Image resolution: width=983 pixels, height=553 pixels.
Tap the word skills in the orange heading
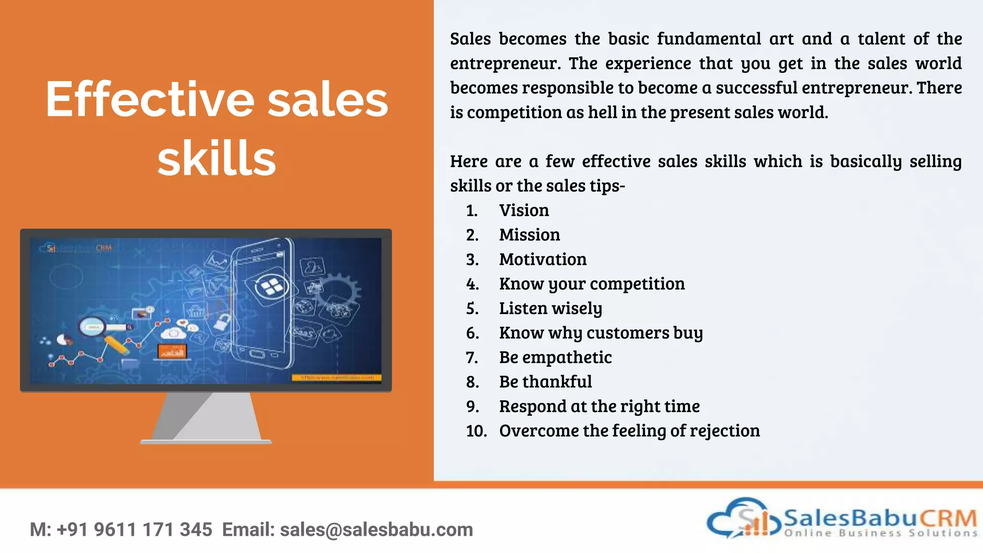(x=216, y=159)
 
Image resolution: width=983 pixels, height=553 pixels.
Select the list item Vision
(x=524, y=210)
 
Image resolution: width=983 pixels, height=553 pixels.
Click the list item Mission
(x=529, y=235)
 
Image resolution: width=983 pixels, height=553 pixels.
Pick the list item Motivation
(x=542, y=259)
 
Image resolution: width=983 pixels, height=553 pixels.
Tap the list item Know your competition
(x=591, y=284)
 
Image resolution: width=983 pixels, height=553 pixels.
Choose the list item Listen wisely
(x=550, y=308)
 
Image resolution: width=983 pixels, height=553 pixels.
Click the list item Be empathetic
(x=555, y=357)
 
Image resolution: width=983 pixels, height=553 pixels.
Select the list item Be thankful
(x=545, y=382)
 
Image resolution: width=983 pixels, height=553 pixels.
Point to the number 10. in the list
(x=476, y=431)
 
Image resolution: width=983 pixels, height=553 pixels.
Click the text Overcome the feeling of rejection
(x=629, y=431)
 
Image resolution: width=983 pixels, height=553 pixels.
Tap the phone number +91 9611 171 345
(x=134, y=529)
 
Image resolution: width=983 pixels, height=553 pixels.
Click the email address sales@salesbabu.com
(x=376, y=529)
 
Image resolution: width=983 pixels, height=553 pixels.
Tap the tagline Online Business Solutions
(x=880, y=533)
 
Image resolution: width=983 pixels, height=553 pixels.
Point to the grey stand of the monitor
(x=206, y=417)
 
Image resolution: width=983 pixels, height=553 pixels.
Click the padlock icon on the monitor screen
(x=221, y=320)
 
